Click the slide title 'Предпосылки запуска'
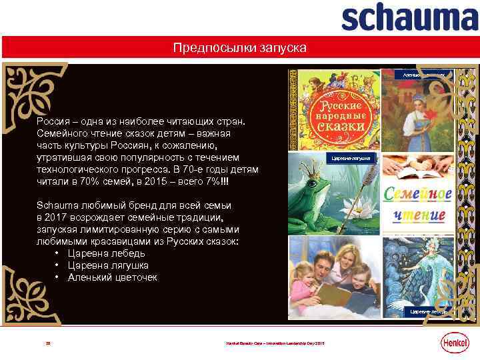239,48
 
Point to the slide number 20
47,343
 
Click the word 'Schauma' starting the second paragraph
56,205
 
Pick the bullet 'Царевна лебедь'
106,253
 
